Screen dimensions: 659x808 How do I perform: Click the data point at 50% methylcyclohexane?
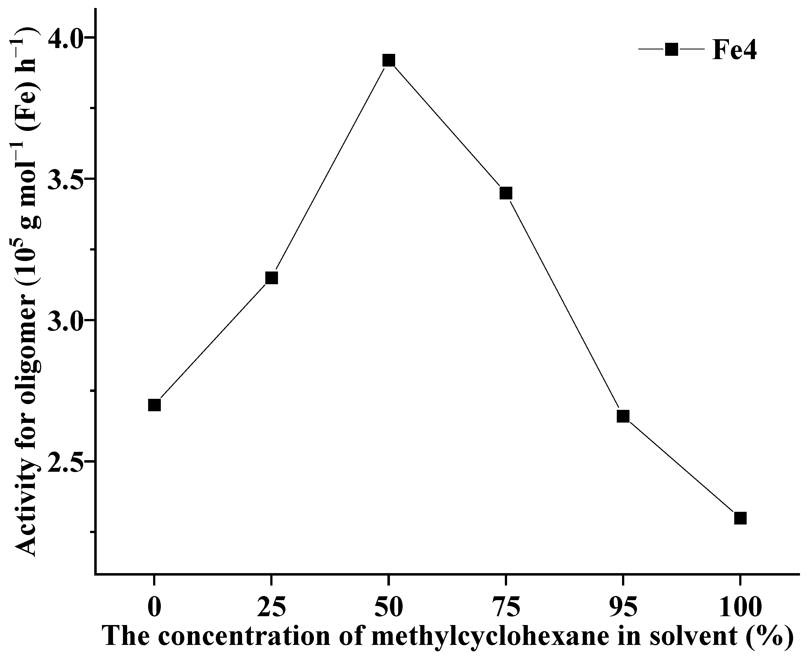(389, 60)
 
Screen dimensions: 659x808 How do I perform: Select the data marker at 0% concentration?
(154, 405)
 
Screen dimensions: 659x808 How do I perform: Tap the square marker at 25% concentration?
(271, 278)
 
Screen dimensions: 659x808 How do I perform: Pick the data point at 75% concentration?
(506, 193)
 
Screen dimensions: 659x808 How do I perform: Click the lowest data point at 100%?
(740, 518)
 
